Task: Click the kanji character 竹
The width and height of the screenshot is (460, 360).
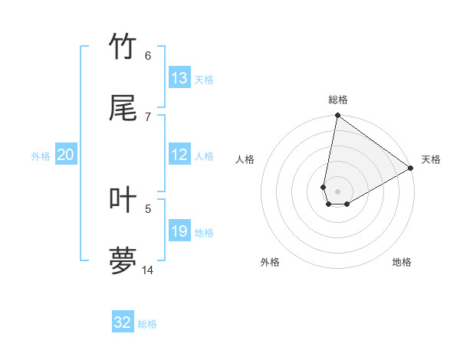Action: click(x=123, y=47)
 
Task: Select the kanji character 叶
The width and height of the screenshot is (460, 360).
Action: click(x=123, y=199)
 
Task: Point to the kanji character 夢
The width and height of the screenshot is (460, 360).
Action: click(x=123, y=260)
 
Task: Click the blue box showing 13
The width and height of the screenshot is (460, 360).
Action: click(x=179, y=78)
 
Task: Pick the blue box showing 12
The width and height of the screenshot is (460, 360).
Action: click(x=179, y=155)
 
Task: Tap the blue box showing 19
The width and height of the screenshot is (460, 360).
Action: click(x=179, y=231)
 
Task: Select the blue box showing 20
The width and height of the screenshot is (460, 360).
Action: click(x=65, y=155)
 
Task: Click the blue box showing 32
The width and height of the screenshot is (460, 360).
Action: click(x=123, y=322)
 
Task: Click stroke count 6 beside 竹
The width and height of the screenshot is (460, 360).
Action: click(x=148, y=55)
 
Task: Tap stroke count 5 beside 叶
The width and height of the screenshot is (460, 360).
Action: click(x=148, y=208)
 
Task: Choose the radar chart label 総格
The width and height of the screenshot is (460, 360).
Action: click(x=338, y=100)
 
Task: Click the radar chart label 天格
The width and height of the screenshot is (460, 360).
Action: click(x=431, y=159)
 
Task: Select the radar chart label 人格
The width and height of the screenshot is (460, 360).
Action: click(x=245, y=159)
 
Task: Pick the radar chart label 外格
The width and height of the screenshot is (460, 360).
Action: click(x=270, y=262)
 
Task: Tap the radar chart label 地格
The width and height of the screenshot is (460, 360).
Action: click(x=402, y=262)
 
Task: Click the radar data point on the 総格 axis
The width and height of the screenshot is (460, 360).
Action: click(x=337, y=116)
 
